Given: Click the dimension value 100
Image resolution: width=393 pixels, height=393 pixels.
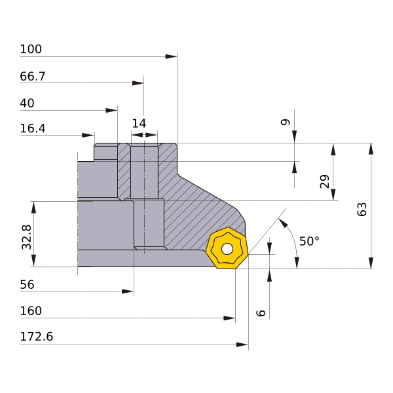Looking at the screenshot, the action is click(x=31, y=49).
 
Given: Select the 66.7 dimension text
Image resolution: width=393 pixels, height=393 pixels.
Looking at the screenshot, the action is click(x=33, y=77).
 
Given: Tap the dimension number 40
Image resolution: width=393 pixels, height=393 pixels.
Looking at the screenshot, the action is click(x=27, y=103).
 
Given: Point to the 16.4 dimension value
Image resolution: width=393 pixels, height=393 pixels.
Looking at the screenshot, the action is click(x=33, y=128).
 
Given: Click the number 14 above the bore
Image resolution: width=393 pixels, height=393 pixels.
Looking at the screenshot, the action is click(x=139, y=124).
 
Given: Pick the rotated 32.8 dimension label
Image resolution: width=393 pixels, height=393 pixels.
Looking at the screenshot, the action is click(x=27, y=237).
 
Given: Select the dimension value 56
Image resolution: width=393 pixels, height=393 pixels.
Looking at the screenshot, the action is click(x=27, y=285).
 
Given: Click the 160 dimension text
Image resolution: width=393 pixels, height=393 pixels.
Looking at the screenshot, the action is click(x=31, y=311).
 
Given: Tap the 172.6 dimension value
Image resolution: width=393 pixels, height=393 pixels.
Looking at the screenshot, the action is click(x=36, y=337).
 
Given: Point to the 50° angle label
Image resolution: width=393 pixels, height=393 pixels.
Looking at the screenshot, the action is click(x=310, y=241).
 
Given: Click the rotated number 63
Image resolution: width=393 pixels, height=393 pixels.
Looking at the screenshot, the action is click(x=362, y=210).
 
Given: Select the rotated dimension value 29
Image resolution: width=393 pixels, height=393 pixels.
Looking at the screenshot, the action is click(x=325, y=181).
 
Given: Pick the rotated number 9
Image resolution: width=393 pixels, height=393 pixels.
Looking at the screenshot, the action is click(x=285, y=122).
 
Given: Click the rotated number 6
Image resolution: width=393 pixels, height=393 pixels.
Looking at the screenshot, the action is click(x=261, y=313).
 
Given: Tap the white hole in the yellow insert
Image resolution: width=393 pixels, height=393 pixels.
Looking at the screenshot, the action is click(x=227, y=249).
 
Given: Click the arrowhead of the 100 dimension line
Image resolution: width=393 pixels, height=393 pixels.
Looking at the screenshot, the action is click(x=171, y=56).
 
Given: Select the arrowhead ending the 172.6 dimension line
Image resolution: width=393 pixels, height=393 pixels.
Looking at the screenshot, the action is click(x=242, y=345).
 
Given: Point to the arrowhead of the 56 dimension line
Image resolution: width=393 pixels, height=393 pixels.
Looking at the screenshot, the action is click(x=128, y=291).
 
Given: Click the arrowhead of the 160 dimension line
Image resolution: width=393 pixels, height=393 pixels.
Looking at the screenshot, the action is click(x=229, y=318).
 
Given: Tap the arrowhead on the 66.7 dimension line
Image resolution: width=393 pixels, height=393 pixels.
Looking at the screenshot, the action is click(x=138, y=83).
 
